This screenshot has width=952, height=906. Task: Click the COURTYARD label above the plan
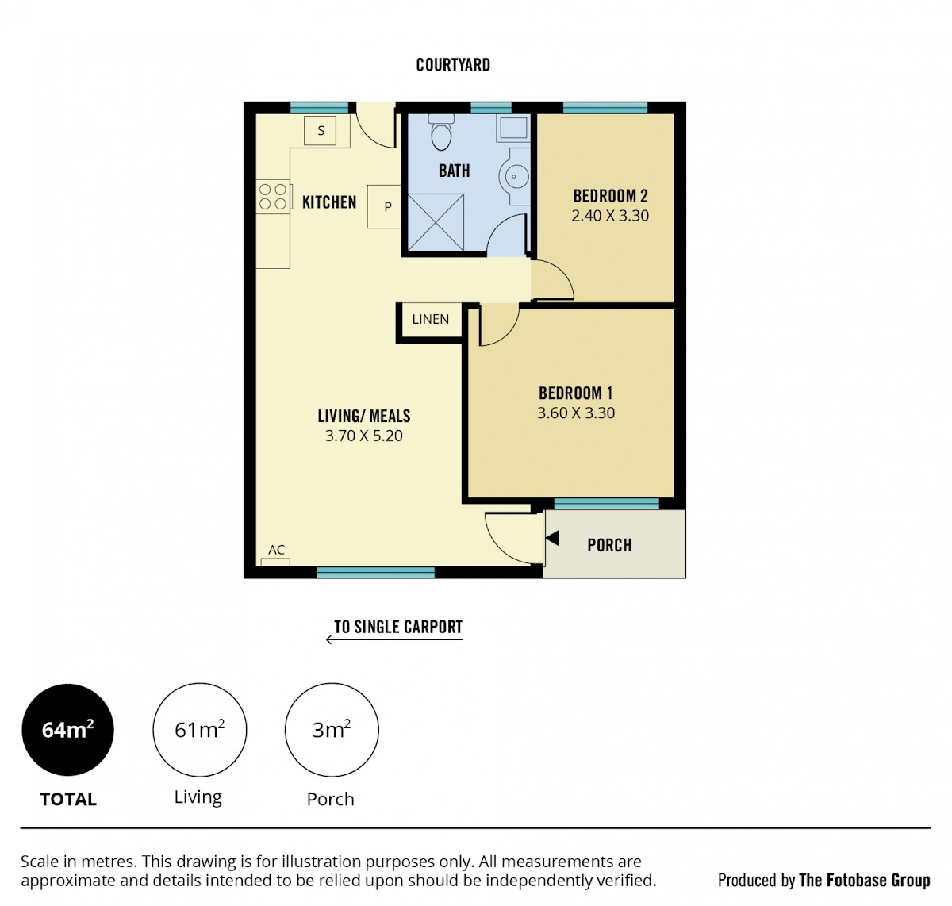[x=453, y=65]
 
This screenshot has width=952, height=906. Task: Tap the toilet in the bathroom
[x=441, y=132]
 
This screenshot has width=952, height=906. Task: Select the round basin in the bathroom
[x=514, y=176]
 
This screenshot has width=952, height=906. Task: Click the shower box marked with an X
[x=436, y=222]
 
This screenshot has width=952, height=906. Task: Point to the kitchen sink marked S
[x=320, y=130]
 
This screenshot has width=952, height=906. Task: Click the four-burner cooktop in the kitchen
[x=273, y=196]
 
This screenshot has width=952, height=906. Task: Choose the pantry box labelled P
[x=385, y=206]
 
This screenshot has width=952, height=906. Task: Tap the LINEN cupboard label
[x=431, y=319]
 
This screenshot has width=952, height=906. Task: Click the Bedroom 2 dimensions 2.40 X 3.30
[x=609, y=216]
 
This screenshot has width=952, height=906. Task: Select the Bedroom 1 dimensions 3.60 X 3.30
[x=576, y=413]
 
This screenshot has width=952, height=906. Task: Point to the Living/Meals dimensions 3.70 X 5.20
[x=363, y=436]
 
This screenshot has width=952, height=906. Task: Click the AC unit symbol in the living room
[x=275, y=562]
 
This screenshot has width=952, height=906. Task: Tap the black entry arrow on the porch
[x=552, y=538]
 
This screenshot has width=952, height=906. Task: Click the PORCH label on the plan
[x=609, y=545]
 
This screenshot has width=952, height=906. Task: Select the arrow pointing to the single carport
[x=394, y=640]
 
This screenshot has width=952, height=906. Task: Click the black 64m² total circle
[x=67, y=730]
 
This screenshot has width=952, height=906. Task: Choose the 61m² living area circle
[x=199, y=730]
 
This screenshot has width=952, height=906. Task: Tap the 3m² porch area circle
[x=332, y=730]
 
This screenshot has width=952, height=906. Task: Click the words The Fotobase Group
[x=865, y=880]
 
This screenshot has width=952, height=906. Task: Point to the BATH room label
[x=455, y=171]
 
